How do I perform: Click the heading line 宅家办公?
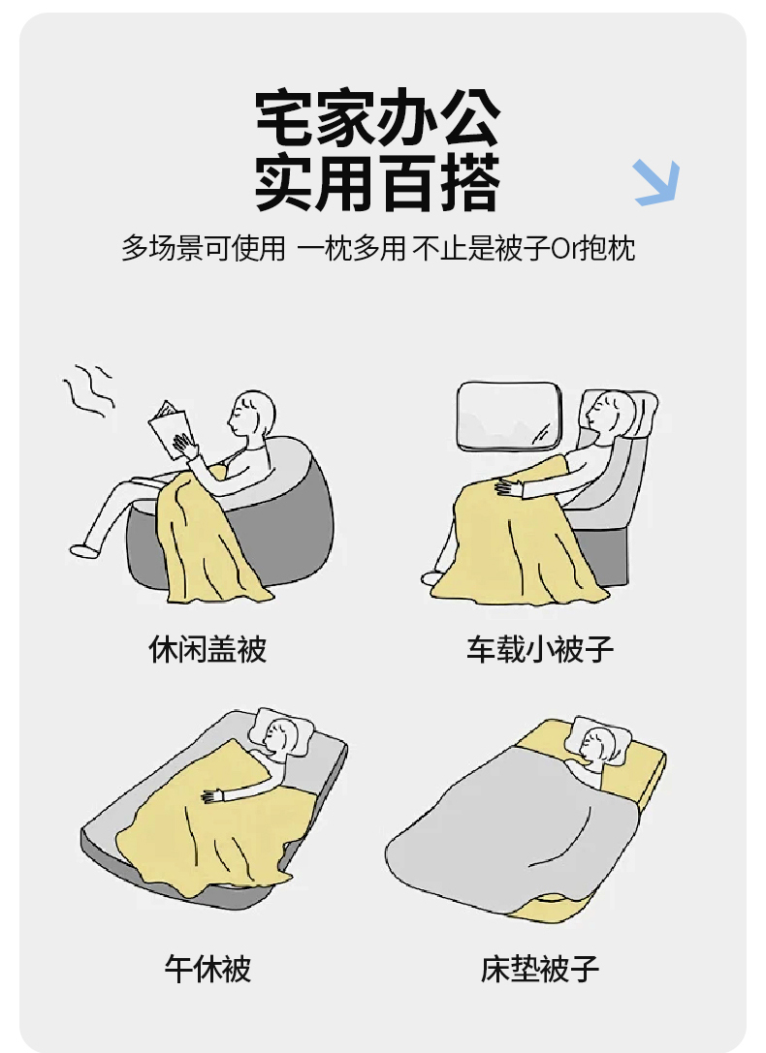pos(378,118)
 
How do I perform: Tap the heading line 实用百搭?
pos(378,182)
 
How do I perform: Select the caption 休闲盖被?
pos(207,649)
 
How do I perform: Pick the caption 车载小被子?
pos(540,649)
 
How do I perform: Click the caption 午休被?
pos(207,969)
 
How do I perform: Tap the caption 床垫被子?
pos(540,969)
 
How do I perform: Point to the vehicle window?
pos(509,416)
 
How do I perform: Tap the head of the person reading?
pos(252,414)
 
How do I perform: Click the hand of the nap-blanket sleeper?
pos(213,795)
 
